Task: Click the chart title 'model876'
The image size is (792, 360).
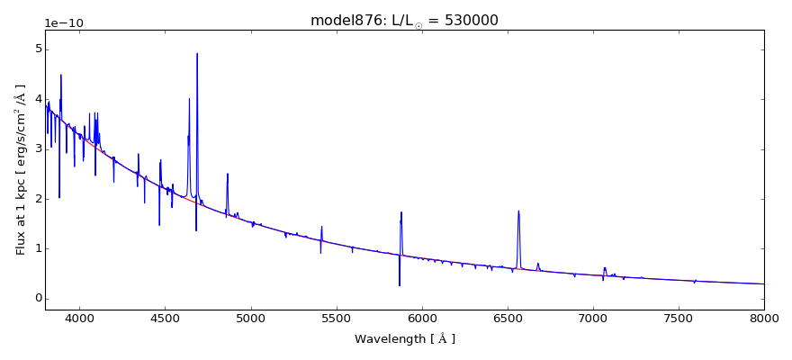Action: point(341,21)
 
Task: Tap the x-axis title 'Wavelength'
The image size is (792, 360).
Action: point(405,339)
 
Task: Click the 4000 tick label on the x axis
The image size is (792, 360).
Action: point(79,318)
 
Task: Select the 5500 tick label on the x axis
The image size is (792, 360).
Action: point(337,318)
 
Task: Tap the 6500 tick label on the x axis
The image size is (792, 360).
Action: point(508,318)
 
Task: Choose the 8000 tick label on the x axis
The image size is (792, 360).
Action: point(764,318)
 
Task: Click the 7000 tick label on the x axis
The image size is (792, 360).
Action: point(593,318)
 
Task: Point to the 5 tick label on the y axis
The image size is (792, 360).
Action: point(37,49)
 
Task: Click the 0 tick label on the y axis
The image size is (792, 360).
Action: point(37,298)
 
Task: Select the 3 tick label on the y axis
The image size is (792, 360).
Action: point(37,148)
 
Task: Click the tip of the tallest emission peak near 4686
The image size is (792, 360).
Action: point(197,53)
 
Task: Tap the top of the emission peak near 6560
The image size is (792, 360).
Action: point(518,211)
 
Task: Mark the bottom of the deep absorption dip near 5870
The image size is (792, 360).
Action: point(400,285)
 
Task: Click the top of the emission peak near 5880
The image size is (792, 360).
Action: point(401,212)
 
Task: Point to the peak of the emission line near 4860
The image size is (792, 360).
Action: point(228,174)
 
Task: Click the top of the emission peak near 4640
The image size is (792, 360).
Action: point(189,99)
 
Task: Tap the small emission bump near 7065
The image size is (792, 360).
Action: point(605,267)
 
